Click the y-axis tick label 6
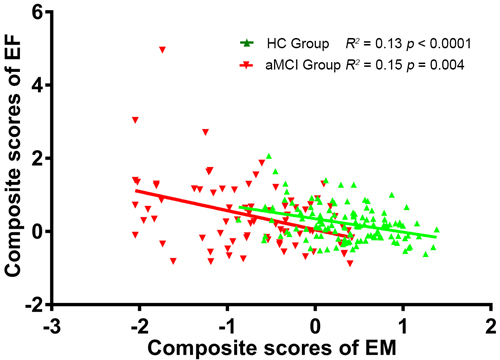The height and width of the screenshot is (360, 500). tap(38, 12)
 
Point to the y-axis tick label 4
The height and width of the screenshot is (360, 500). tap(38, 85)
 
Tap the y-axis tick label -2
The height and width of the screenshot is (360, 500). tap(34, 304)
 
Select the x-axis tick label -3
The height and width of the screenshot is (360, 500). tap(52, 327)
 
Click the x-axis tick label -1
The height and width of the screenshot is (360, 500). tap(227, 327)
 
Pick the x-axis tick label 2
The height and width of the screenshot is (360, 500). tap(490, 327)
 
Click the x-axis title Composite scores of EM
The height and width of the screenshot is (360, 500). tap(272, 348)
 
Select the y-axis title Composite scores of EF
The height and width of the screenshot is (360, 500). tap(13, 158)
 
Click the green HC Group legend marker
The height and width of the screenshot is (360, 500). tap(247, 43)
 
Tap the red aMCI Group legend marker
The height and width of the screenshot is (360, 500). tap(247, 65)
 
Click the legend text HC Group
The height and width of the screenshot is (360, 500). tap(298, 44)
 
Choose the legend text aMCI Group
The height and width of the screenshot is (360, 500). tap(303, 65)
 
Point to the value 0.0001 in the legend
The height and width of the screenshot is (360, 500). tap(449, 44)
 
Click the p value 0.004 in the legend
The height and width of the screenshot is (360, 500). tap(447, 65)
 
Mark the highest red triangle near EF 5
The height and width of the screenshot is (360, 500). tap(162, 50)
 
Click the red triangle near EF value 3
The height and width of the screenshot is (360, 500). tap(135, 120)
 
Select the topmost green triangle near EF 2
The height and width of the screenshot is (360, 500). tap(269, 156)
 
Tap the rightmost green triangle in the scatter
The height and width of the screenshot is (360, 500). tap(436, 230)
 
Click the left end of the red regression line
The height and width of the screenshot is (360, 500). tap(135, 190)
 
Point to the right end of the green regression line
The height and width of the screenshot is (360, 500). tap(436, 237)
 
